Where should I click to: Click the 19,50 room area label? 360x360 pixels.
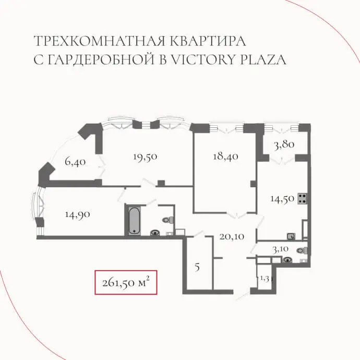145,157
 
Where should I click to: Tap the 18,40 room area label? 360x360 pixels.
225,157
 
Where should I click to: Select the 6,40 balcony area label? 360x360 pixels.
75,162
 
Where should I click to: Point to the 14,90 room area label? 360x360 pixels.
77,215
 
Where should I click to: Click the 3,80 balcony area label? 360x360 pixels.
284,145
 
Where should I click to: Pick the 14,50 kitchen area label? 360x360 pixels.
282,199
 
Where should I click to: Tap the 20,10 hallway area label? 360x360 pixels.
232,237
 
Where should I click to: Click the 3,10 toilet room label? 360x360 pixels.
281,249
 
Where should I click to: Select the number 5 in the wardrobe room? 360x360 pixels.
197,267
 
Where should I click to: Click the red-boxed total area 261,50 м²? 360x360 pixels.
126,283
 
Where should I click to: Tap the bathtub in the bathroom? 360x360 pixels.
134,221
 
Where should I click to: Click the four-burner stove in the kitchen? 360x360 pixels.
303,199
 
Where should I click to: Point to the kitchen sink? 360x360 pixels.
291,236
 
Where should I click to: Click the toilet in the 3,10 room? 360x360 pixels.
303,250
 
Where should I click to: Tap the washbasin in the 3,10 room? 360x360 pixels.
288,260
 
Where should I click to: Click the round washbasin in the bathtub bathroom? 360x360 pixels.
155,233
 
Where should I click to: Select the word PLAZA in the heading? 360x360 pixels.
263,59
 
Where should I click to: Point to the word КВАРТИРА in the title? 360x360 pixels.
208,41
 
